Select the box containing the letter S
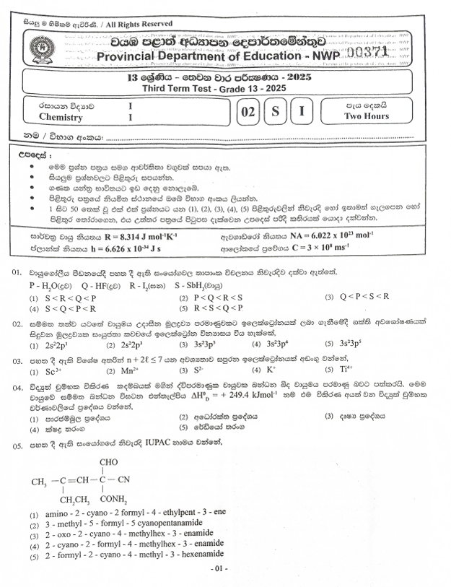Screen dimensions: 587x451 coord(274,111)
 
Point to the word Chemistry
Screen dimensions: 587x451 coord(61,117)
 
